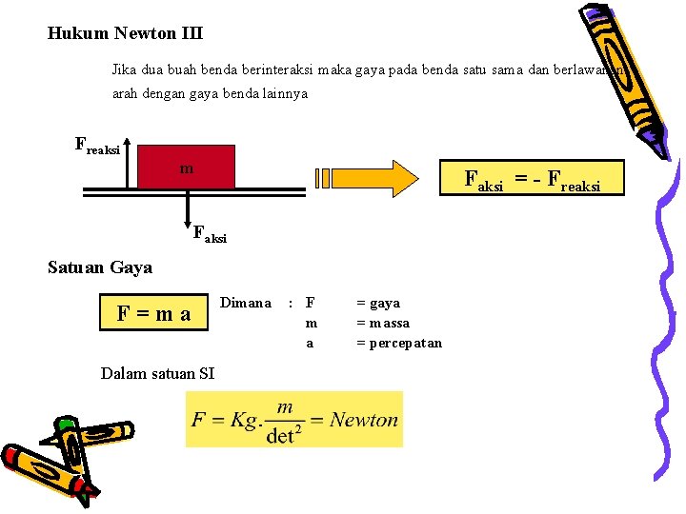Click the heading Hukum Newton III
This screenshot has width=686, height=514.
(x=125, y=33)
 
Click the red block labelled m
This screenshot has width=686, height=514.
(x=187, y=167)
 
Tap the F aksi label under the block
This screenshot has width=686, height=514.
(x=210, y=233)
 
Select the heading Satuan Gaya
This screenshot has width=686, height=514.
(x=100, y=267)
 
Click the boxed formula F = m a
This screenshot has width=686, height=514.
(x=153, y=312)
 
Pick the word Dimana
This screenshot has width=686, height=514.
(x=246, y=303)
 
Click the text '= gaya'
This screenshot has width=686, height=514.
(x=378, y=303)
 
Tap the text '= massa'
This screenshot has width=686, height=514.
(x=383, y=323)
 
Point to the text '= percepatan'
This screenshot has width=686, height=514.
(x=399, y=343)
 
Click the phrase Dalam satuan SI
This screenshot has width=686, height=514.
(x=157, y=372)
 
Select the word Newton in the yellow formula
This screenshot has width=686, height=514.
(x=364, y=420)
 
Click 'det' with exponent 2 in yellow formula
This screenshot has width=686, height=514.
(x=282, y=435)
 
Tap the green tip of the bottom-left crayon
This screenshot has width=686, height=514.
(x=65, y=425)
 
